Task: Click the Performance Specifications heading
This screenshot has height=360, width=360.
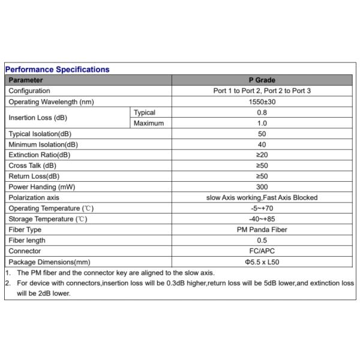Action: [58, 70]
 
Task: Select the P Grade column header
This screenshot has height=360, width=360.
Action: [262, 80]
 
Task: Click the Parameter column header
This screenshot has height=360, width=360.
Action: [26, 80]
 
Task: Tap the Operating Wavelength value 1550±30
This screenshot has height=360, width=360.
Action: [262, 102]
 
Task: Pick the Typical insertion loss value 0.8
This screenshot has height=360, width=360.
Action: [262, 113]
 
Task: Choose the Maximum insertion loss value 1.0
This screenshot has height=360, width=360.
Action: [262, 124]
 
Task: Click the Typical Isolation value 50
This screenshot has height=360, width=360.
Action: [262, 134]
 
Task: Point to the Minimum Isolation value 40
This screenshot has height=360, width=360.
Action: [262, 145]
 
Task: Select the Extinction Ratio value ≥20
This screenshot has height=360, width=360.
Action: [262, 155]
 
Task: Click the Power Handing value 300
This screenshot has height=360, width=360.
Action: [262, 187]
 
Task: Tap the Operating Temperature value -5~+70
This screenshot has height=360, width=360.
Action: [262, 208]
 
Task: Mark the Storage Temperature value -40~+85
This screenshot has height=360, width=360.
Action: [262, 219]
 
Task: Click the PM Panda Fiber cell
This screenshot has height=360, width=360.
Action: [262, 230]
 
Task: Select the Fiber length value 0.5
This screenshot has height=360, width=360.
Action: [262, 241]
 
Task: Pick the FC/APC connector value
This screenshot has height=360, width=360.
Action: [262, 251]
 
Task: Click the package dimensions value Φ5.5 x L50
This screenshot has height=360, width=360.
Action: [262, 262]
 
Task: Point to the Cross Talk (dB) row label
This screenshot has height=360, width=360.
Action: [32, 166]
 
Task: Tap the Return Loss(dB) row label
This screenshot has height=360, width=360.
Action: [34, 176]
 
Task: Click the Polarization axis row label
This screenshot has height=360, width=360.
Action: [34, 198]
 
